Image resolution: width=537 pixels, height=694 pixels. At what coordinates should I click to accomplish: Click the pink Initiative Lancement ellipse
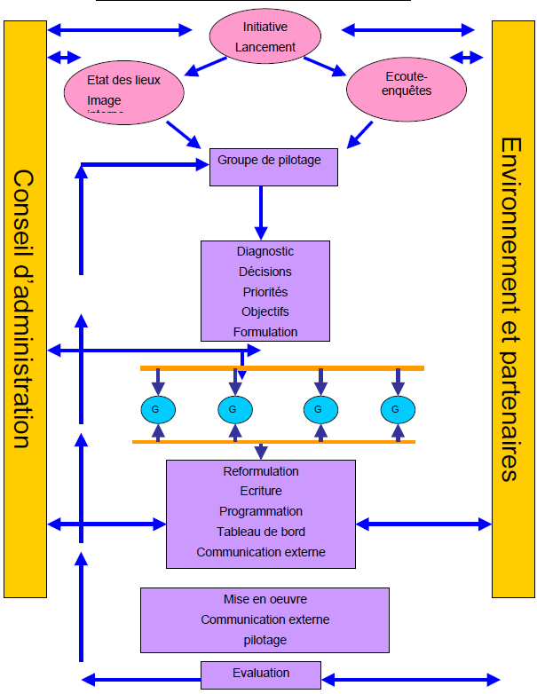[262, 36]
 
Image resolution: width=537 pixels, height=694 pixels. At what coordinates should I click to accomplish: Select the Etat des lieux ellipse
[124, 89]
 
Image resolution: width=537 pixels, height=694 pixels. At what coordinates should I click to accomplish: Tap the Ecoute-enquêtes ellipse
[406, 86]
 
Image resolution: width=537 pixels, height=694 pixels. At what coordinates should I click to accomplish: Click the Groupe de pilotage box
[273, 167]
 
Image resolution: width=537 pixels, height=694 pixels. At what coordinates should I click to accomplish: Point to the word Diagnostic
[265, 252]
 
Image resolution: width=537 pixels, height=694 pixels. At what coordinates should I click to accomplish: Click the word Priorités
[265, 292]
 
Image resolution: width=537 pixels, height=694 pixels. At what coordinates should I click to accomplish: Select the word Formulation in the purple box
[265, 332]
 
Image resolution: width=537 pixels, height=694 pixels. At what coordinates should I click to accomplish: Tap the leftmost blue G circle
[158, 409]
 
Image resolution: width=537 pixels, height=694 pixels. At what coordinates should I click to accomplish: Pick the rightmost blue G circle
[398, 409]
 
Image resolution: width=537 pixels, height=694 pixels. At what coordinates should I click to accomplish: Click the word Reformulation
[261, 471]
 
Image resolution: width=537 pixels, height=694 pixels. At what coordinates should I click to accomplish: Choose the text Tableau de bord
[261, 532]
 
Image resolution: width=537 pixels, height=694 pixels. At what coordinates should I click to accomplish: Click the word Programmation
[261, 511]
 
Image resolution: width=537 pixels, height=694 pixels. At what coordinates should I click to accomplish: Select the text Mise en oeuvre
[265, 599]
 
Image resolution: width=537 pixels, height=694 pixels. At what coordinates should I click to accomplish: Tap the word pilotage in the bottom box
[265, 639]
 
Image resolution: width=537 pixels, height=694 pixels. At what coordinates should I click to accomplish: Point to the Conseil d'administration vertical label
[24, 309]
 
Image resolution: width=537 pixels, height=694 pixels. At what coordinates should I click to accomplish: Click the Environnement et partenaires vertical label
[513, 309]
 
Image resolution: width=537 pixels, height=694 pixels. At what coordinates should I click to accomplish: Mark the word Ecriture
[261, 491]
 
